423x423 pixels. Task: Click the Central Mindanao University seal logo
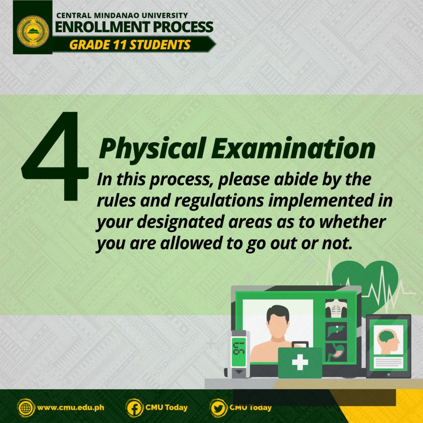[33, 32]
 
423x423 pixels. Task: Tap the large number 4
[55, 156]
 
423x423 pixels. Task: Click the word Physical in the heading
[153, 149]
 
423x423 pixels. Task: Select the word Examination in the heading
[293, 148]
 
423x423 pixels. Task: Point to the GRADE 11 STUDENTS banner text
[130, 45]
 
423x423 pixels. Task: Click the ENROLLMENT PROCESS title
[134, 27]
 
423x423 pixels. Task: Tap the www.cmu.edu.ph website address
[70, 407]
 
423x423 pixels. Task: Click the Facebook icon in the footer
[134, 408]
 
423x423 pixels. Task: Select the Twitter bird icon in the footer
[218, 408]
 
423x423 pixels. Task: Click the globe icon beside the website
[26, 408]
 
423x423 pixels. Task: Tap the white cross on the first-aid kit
[300, 362]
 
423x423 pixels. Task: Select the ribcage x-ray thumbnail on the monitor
[336, 308]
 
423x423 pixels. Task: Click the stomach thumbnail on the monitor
[336, 352]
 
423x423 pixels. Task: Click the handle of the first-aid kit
[300, 345]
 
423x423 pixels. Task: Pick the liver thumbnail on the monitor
[336, 331]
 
